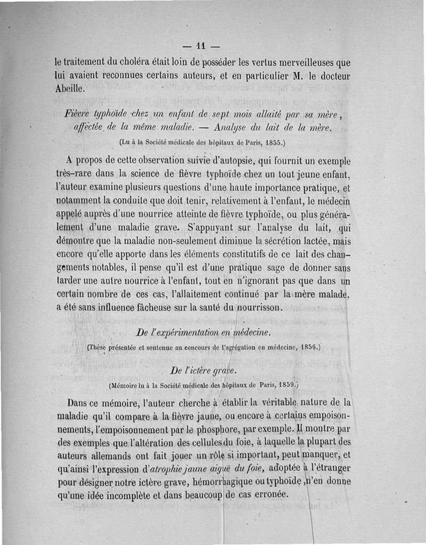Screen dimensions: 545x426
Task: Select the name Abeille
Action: point(69,88)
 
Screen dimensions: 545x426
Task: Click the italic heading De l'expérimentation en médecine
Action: point(204,333)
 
